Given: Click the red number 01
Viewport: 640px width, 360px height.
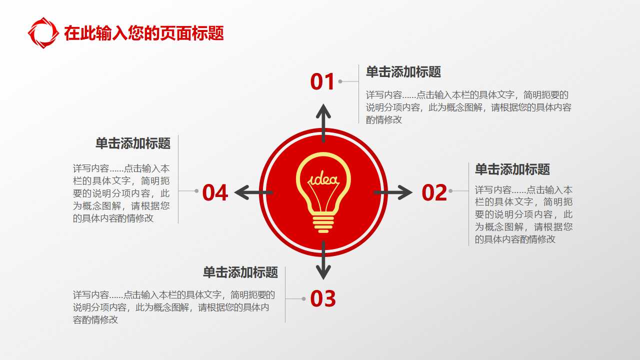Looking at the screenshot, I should point(322,82).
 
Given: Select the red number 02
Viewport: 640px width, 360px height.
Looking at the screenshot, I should point(434,193).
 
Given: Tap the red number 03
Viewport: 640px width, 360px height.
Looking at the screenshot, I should point(323,299).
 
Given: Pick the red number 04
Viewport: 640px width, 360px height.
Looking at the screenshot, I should point(215,193).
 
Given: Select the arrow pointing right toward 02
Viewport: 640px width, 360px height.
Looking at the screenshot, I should point(394,192).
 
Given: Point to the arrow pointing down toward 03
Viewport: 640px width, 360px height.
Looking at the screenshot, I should point(323,261).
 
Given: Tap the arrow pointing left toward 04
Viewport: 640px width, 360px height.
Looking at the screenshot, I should point(252,192).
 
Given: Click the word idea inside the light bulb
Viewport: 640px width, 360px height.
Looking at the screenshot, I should point(323,179).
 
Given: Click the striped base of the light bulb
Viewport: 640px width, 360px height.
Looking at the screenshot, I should point(323,222).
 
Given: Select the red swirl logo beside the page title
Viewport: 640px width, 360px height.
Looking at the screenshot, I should point(43,33).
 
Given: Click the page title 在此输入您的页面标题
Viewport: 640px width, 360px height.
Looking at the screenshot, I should point(144,33).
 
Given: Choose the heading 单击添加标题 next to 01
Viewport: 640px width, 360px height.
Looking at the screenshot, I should point(403,72).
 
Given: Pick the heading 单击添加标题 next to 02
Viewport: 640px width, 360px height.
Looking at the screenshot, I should point(512,169).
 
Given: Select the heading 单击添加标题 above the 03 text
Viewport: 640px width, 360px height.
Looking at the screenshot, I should point(240,272).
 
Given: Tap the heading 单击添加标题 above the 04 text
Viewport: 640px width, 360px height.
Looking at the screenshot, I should point(133,143).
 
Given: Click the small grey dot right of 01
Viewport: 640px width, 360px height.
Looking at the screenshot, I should point(340,81).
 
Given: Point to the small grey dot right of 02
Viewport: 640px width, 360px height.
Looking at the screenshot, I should point(450,191).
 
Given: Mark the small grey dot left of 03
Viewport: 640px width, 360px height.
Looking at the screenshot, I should point(303,299).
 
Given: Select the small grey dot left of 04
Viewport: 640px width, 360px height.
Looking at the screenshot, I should point(196,191).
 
